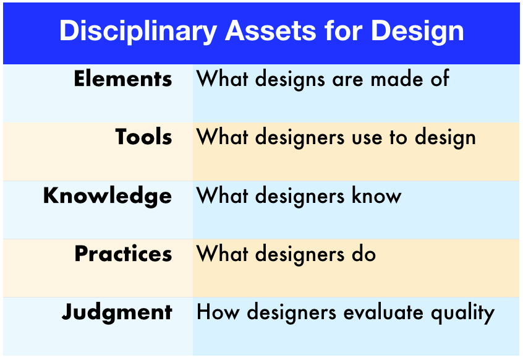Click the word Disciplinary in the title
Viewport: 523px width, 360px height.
[x=138, y=32]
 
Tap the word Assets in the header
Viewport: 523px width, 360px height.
[x=271, y=31]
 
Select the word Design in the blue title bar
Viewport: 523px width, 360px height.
[x=417, y=32]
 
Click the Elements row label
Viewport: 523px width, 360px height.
[x=123, y=79]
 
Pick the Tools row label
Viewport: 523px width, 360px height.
[x=144, y=137]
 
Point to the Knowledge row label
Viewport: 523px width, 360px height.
[x=108, y=196]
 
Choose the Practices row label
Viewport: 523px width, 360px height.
[x=124, y=254]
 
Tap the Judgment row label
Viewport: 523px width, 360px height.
[x=117, y=312]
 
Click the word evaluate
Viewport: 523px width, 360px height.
[x=383, y=312]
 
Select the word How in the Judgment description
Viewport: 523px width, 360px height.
[x=218, y=312]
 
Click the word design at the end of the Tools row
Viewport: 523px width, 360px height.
[x=445, y=138]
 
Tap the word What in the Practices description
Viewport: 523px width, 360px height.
[x=222, y=254]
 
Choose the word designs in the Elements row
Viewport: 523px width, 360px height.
[x=290, y=80]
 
